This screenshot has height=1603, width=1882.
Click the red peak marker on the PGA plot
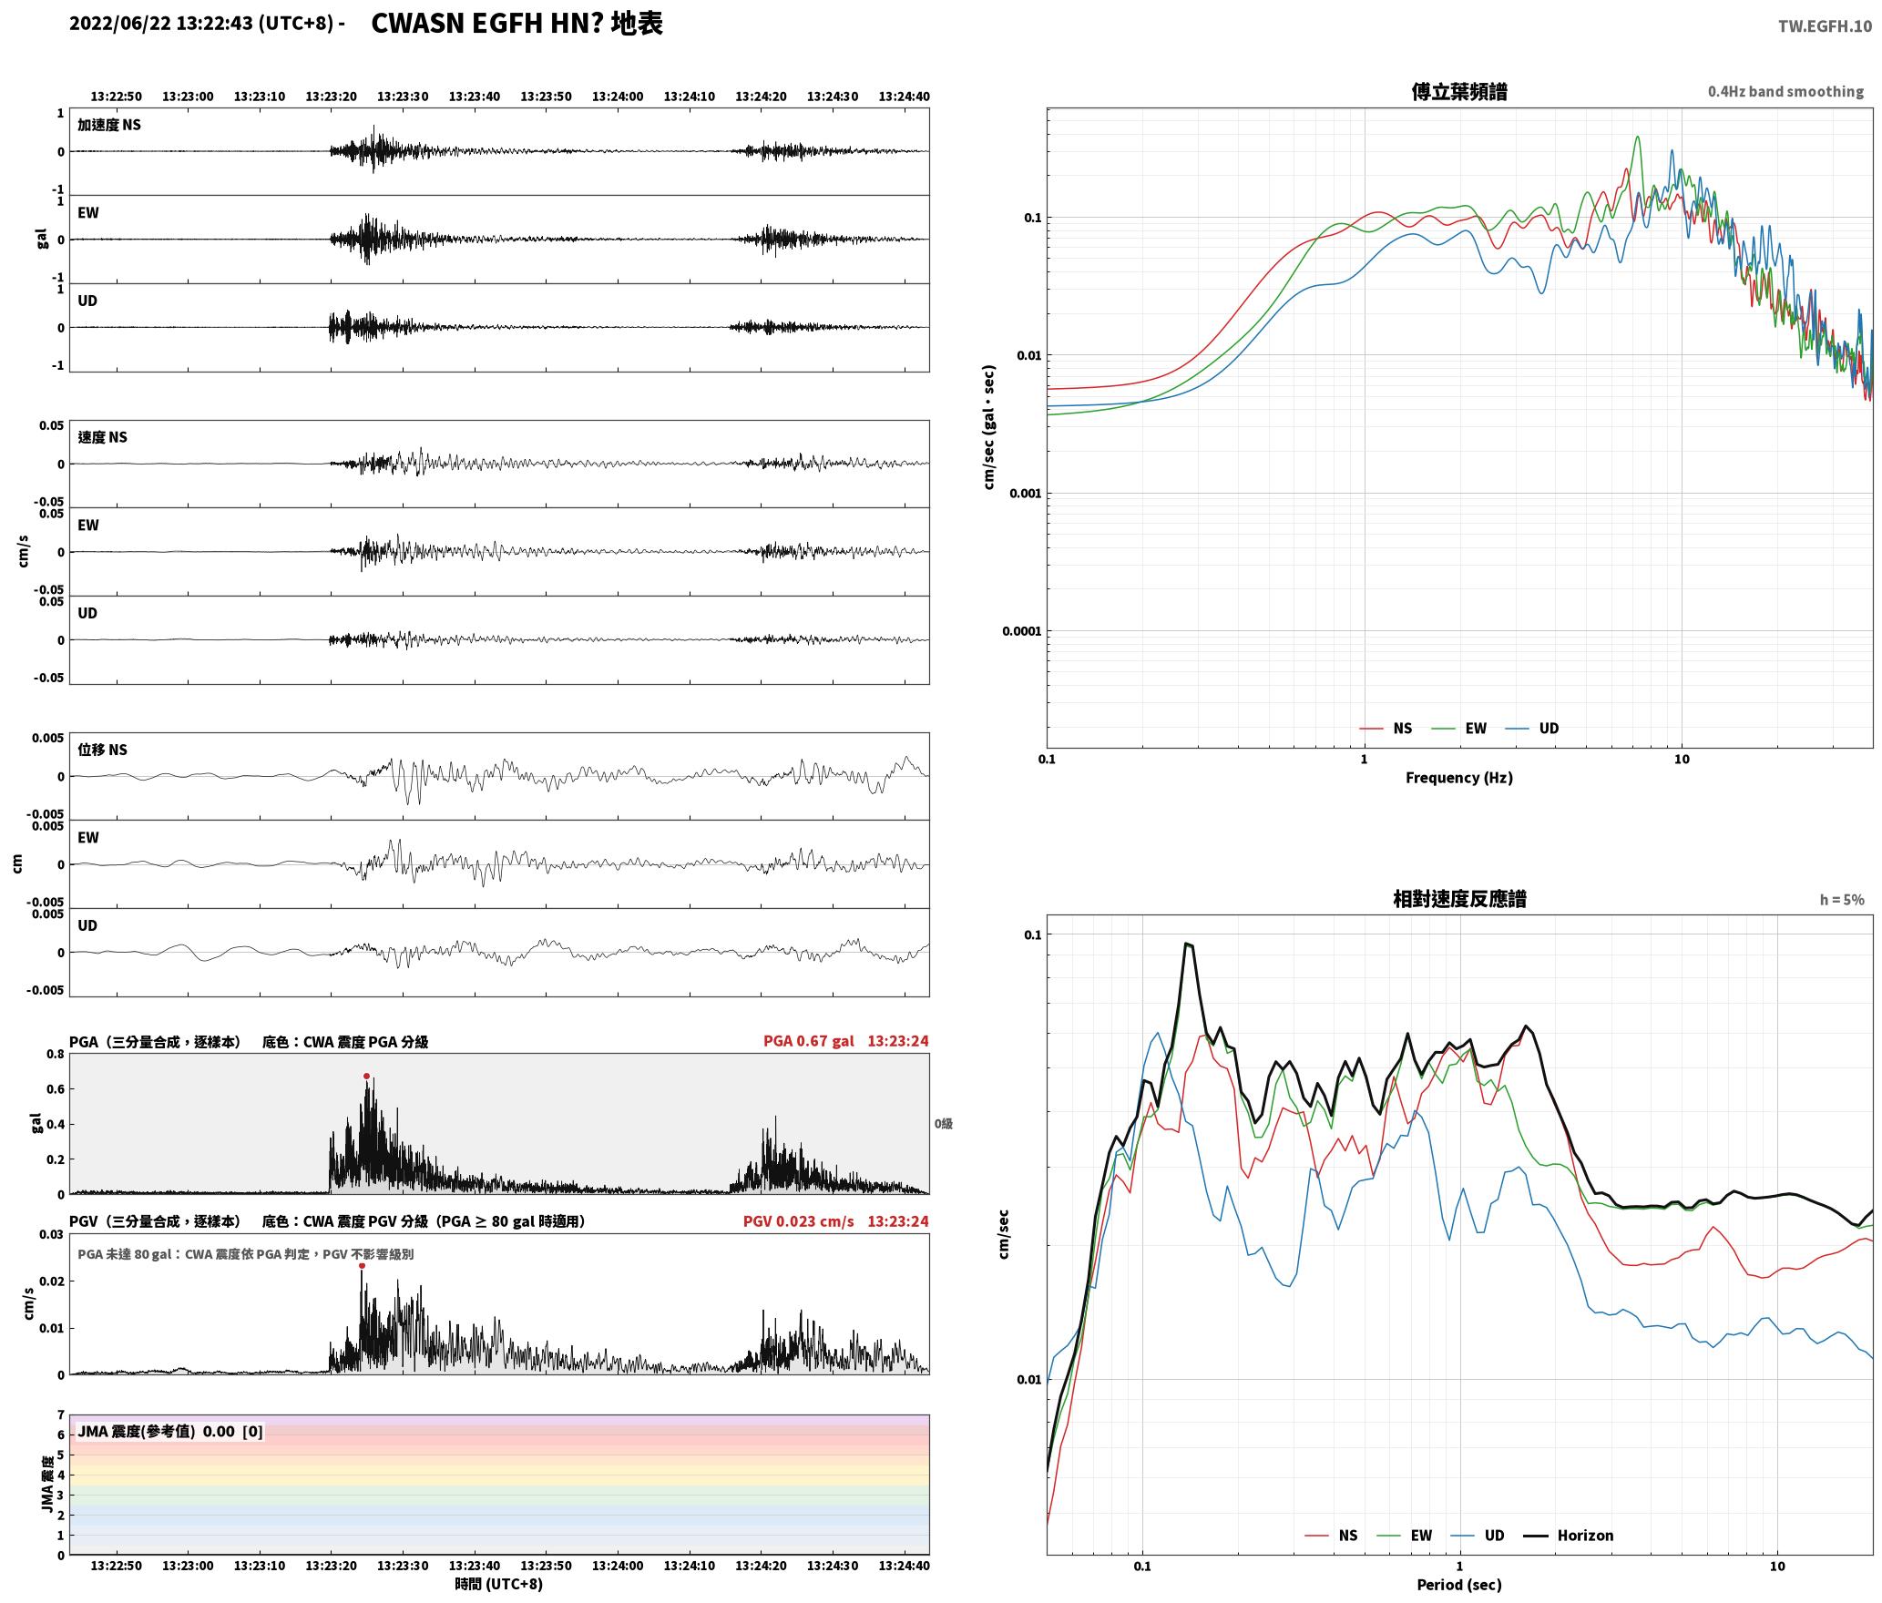coord(367,1077)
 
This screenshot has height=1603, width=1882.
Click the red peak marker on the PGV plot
coord(362,1266)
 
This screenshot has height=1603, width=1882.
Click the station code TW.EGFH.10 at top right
coord(1825,26)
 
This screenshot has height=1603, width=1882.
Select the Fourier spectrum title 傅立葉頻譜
coord(1458,91)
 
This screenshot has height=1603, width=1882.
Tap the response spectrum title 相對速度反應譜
coord(1459,899)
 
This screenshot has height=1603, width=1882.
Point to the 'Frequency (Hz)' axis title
coord(1458,778)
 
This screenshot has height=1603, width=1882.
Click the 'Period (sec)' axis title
coord(1458,1585)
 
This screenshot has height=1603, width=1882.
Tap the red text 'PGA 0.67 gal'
coord(808,1041)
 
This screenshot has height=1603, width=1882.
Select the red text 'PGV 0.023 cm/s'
coord(798,1221)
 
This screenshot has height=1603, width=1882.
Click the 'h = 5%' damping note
coord(1842,900)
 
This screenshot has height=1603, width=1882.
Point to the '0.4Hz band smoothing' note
coord(1785,92)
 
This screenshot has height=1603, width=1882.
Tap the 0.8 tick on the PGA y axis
coord(56,1055)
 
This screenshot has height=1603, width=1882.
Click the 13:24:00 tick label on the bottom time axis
coord(618,1566)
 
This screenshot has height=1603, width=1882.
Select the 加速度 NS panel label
coord(109,125)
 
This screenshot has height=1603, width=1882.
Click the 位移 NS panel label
coord(103,750)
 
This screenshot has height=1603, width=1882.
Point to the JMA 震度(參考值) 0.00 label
coord(156,1431)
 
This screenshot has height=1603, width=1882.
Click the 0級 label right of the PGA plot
coord(943,1124)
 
